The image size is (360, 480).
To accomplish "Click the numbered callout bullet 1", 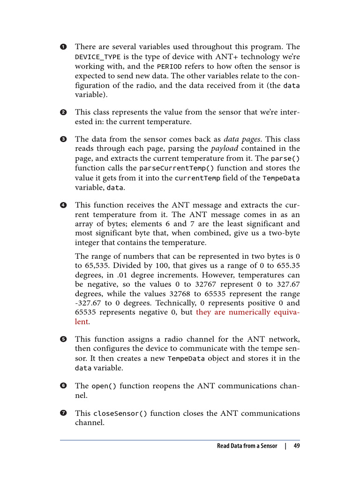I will (63, 47).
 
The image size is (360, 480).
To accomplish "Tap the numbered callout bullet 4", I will (63, 205).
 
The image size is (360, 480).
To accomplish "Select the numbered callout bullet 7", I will (63, 413).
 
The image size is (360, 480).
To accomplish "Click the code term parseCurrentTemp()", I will (170, 168).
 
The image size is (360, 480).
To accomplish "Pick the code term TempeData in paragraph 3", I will (281, 178).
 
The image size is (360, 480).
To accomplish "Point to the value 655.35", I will (289, 265).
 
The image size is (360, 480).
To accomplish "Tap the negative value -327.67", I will (89, 303).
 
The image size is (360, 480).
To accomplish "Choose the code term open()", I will (104, 386).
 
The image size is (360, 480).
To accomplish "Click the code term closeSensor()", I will (120, 414).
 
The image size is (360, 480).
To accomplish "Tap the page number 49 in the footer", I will (296, 446).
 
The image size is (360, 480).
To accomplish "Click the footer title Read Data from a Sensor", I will (247, 446).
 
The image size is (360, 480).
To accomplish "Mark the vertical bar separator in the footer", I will (285, 446).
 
